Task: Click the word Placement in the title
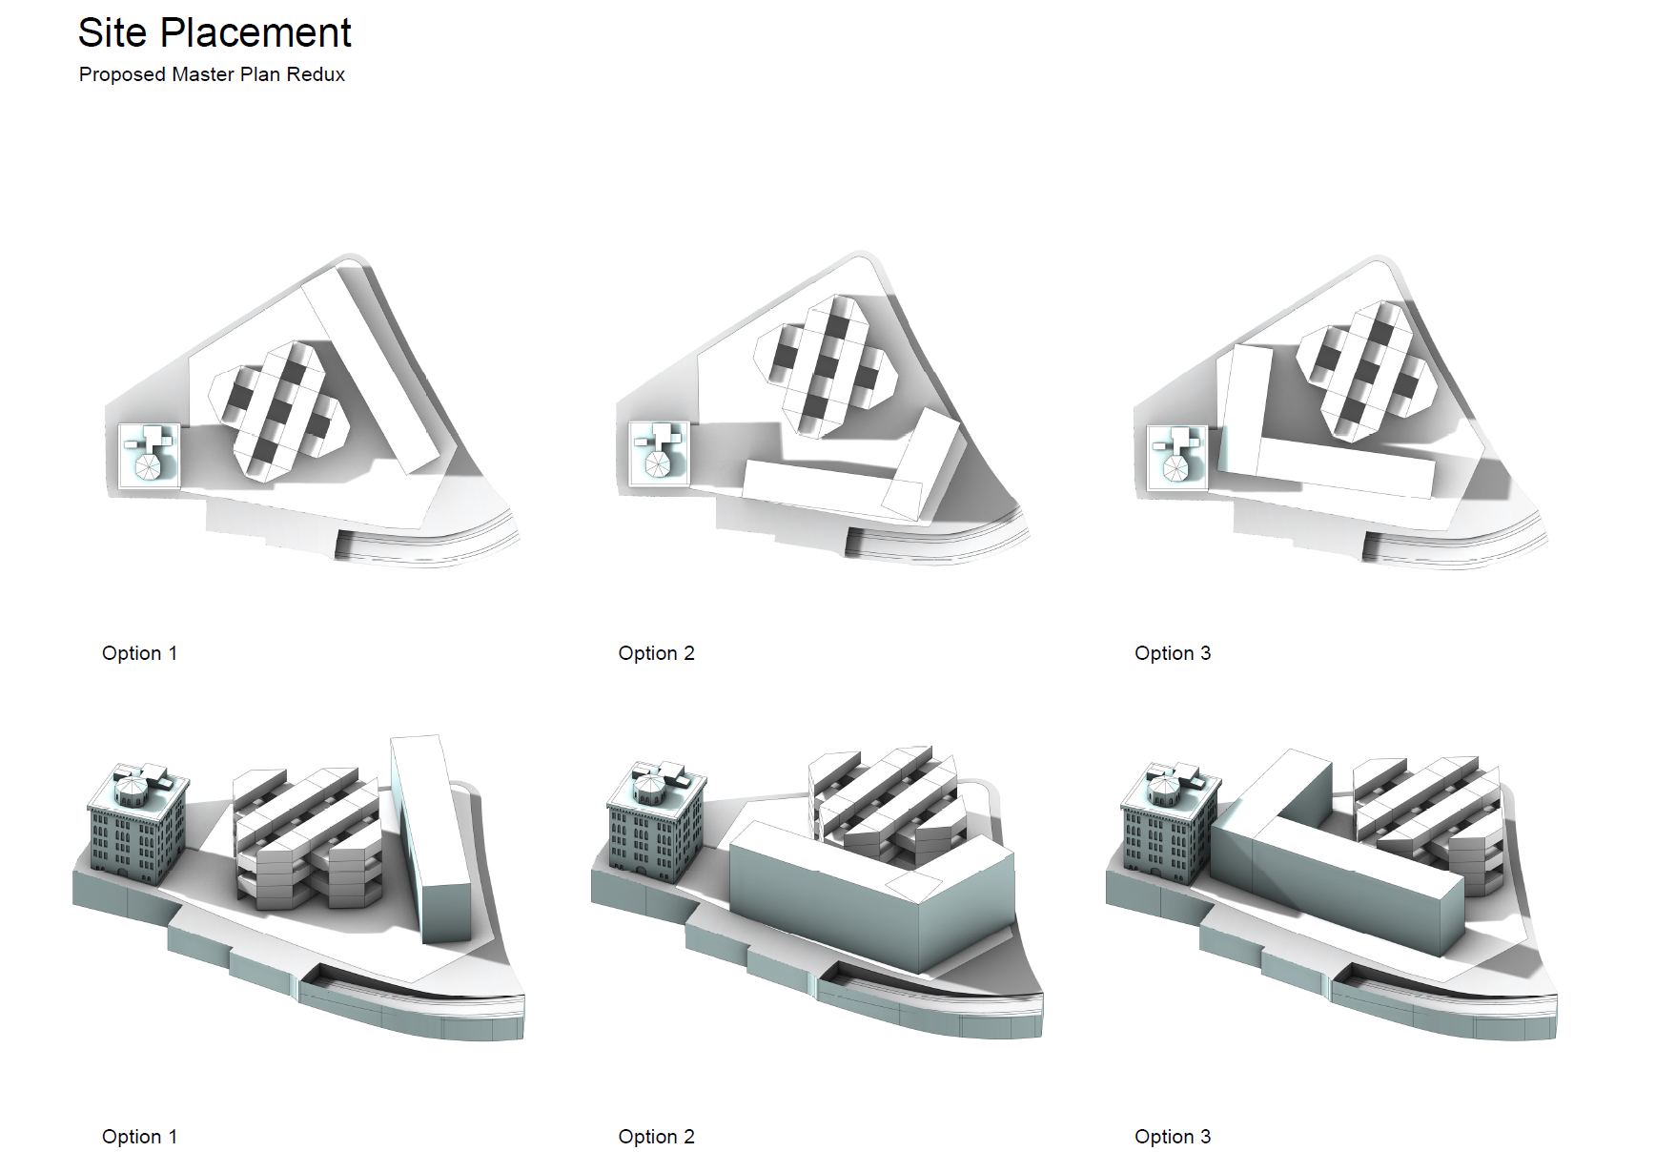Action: [255, 33]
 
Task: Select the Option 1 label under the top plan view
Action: [139, 653]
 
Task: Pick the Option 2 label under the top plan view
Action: [656, 653]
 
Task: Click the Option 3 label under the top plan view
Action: [1173, 653]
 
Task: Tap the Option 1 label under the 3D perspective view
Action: [139, 1137]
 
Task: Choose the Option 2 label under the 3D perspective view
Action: [656, 1137]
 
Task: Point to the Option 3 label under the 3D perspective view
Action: [1173, 1137]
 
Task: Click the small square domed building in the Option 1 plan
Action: [149, 455]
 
